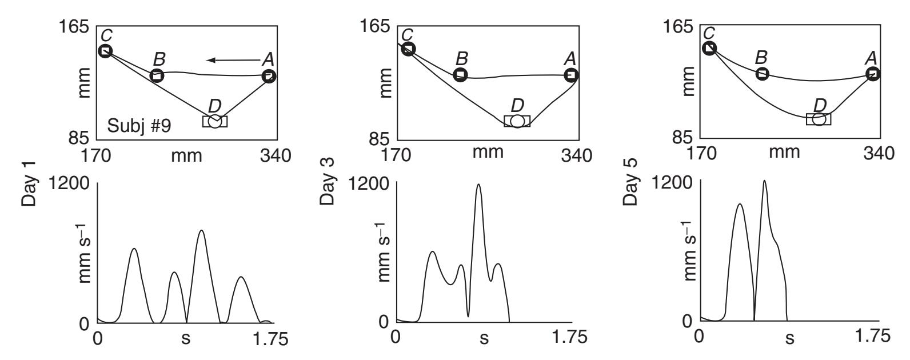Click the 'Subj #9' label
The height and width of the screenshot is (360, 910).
click(x=139, y=126)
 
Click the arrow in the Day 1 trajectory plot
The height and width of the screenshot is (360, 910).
click(x=233, y=61)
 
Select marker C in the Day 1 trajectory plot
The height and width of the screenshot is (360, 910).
click(x=105, y=51)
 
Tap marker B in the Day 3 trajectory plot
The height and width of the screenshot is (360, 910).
click(x=460, y=75)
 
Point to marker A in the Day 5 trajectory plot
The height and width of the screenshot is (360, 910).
click(x=873, y=74)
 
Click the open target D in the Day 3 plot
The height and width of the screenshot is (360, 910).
click(x=517, y=121)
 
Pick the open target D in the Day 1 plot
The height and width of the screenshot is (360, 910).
click(x=215, y=121)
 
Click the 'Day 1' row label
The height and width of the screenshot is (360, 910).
click(x=29, y=183)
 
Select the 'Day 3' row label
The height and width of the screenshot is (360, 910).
click(x=327, y=181)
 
